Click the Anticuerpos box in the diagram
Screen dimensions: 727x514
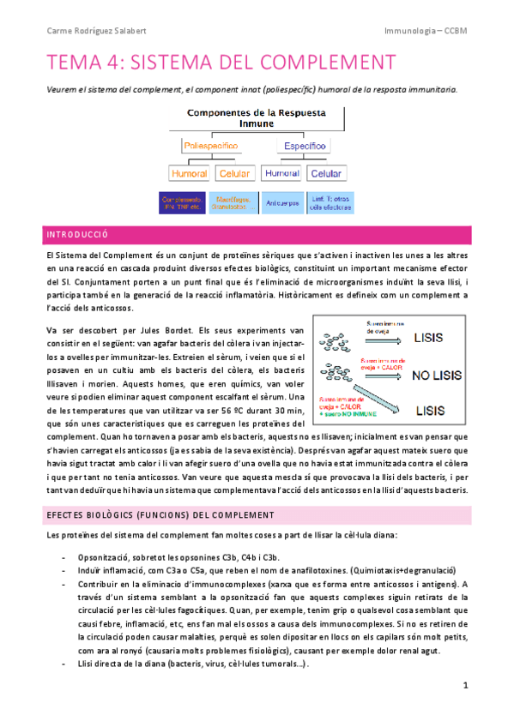282,202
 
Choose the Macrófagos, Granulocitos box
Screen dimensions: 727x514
234,202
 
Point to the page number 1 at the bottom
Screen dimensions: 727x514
464,685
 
